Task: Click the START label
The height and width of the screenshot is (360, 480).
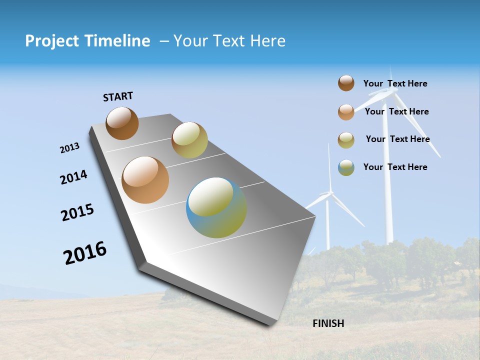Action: click(118, 96)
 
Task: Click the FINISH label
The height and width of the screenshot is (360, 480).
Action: click(328, 323)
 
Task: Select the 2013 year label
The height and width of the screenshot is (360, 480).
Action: click(69, 148)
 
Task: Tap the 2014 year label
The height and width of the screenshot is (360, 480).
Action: click(73, 177)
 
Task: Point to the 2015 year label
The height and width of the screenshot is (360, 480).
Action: click(77, 212)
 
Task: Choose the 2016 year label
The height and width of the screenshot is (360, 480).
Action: click(85, 253)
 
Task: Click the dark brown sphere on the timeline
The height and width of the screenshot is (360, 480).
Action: click(122, 123)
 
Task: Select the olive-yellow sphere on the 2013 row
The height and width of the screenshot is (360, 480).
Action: click(189, 140)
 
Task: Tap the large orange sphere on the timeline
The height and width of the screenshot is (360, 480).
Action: click(145, 180)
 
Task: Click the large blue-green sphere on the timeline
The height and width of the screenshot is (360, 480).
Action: click(216, 207)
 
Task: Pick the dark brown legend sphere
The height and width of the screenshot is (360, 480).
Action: click(346, 83)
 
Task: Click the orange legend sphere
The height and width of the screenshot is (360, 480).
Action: click(346, 112)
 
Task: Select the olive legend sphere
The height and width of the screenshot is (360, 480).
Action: click(346, 140)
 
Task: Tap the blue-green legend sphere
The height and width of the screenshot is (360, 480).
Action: click(346, 167)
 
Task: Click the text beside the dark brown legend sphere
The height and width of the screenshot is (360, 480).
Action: click(395, 83)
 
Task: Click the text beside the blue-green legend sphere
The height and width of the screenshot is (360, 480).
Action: click(395, 167)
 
